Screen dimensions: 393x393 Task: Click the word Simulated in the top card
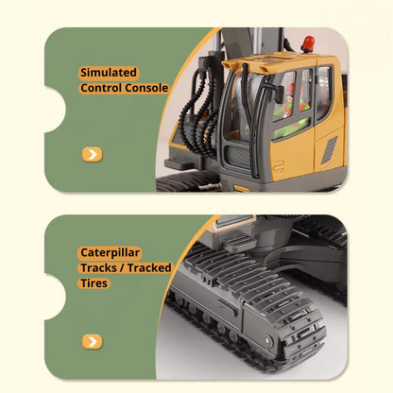pyautogui.click(x=109, y=73)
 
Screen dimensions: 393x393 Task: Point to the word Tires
pyautogui.click(x=95, y=282)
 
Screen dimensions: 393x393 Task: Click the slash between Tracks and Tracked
pyautogui.click(x=122, y=267)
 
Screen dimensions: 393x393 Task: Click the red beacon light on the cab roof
pyautogui.click(x=307, y=44)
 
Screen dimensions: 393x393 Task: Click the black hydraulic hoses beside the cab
pyautogui.click(x=201, y=113)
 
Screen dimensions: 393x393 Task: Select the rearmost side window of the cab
pyautogui.click(x=324, y=93)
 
